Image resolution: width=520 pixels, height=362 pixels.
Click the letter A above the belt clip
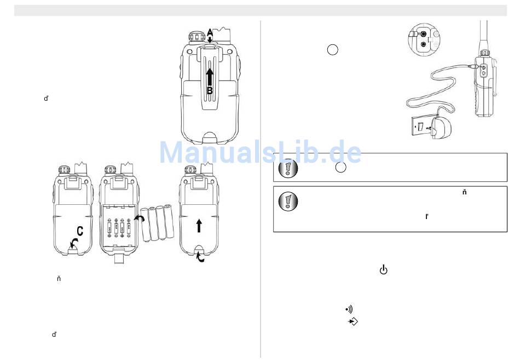210,32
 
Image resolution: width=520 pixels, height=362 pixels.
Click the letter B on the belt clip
210,90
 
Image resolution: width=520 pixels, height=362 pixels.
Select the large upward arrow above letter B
210,77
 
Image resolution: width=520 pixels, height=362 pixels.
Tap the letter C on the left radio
79,231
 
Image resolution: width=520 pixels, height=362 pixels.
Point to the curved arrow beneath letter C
74,243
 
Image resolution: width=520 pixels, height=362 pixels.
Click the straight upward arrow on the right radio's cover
199,226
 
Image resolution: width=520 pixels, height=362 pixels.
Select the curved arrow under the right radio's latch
200,257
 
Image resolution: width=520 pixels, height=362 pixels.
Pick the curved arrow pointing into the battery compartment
139,218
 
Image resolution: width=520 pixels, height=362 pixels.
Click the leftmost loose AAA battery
146,224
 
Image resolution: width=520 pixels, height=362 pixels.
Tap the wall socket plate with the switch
421,126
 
